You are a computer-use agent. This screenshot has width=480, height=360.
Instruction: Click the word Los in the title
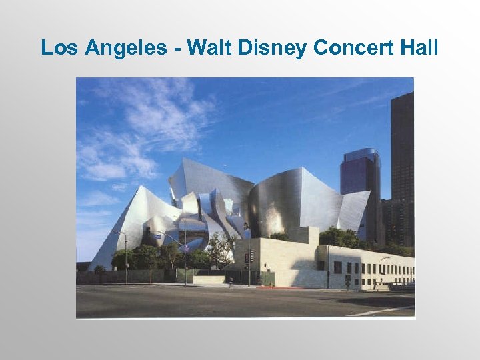tap(57, 48)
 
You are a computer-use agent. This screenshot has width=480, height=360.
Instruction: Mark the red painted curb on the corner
tap(280, 287)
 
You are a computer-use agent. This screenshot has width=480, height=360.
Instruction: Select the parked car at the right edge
tap(401, 285)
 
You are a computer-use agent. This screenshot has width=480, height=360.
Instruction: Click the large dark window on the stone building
tap(337, 267)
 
